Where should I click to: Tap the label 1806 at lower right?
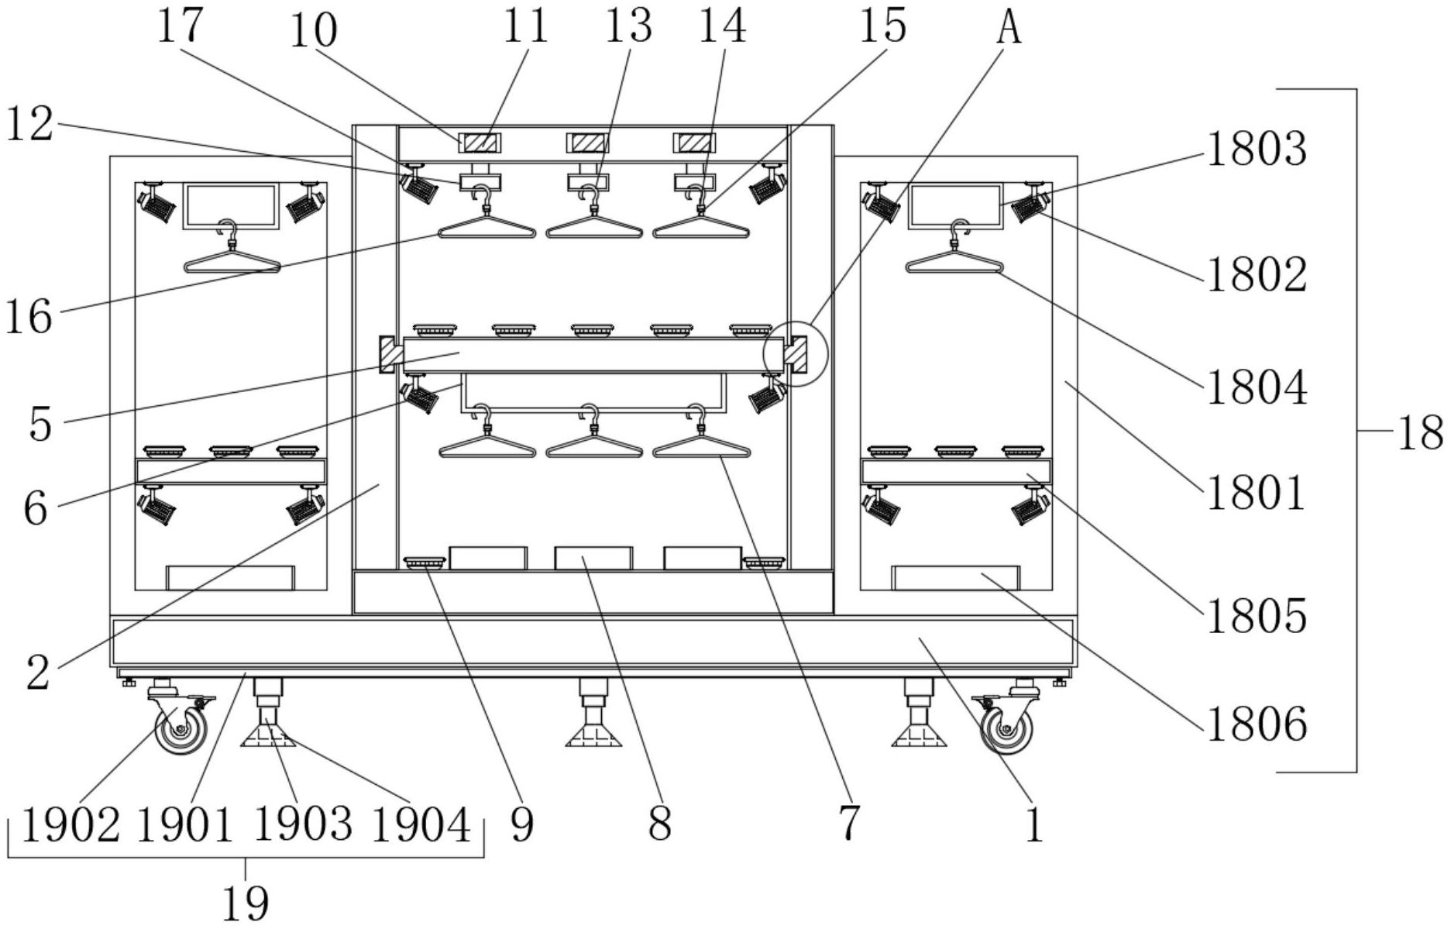[x=1257, y=724]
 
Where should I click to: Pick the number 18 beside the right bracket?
[x=1420, y=432]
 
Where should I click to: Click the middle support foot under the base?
[x=593, y=712]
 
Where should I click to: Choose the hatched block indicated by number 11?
[x=480, y=143]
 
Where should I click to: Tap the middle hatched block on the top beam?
[x=587, y=143]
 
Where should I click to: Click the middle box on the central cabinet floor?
[x=593, y=558]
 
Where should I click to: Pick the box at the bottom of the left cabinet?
[x=231, y=578]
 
